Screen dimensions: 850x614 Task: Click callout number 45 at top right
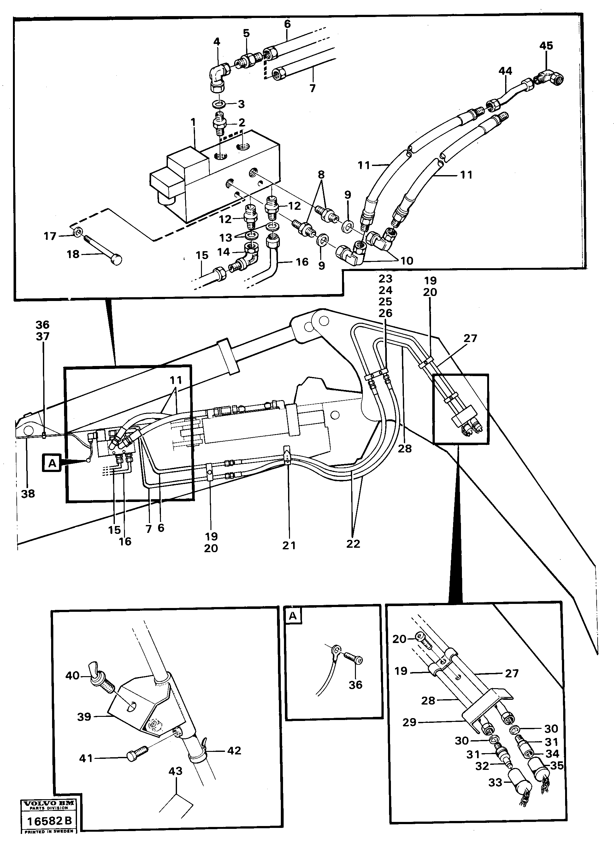(x=546, y=46)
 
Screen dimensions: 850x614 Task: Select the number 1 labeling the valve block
(x=193, y=122)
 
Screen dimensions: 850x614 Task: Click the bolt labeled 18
(x=101, y=251)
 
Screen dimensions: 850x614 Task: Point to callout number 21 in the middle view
(x=289, y=545)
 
